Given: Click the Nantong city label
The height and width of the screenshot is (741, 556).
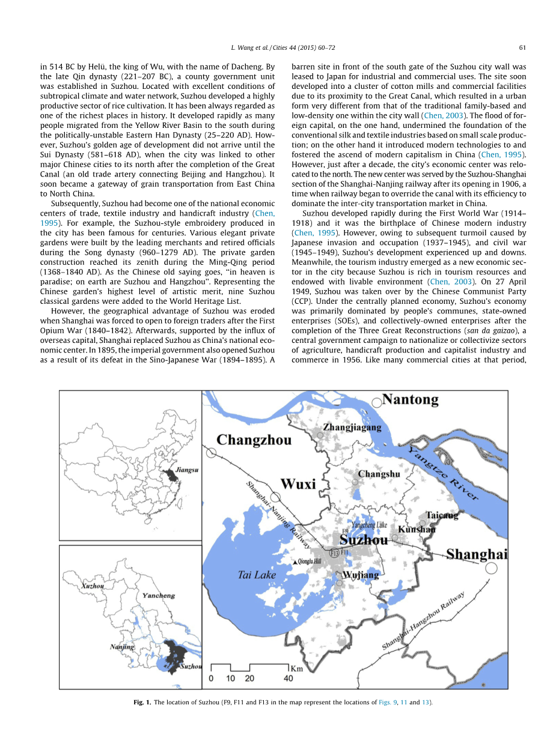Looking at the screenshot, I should point(411,400).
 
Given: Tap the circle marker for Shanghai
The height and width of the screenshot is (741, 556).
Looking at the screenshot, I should point(492,567).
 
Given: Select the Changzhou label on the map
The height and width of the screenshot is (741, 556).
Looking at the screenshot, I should point(254,440).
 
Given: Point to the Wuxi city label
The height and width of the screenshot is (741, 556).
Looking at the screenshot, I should point(298,484).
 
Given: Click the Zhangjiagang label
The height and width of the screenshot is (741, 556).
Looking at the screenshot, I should point(352,428).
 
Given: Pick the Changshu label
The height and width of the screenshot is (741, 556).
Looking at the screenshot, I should point(379,474).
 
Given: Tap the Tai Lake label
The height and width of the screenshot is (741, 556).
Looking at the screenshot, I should point(257,575).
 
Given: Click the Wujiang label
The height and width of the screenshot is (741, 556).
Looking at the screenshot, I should point(361,575).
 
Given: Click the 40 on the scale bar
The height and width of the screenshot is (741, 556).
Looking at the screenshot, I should point(288,678).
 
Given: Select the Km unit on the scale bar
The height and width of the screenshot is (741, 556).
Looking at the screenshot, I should point(296,668).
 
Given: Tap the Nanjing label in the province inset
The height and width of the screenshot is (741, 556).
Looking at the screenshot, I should point(122,647).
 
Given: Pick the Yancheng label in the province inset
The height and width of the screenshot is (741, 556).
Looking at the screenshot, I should point(159,595).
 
